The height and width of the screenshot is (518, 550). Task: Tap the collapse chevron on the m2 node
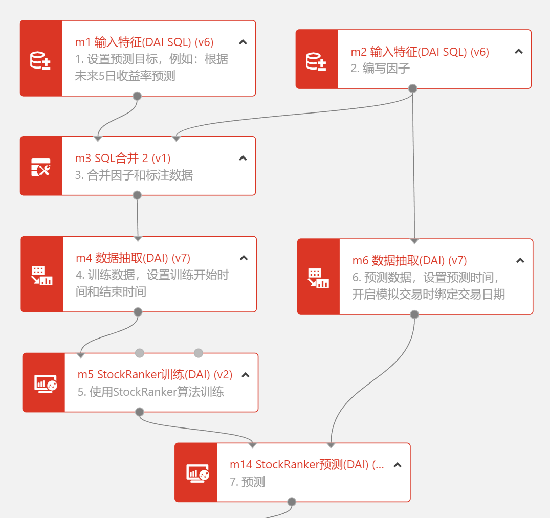coord(518,51)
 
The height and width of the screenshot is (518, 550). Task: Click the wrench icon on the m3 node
coord(41,166)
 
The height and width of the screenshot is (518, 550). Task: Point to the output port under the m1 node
coord(137,96)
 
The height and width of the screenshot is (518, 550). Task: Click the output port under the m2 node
coord(413,88)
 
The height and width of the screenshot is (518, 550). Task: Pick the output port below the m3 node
coord(137,195)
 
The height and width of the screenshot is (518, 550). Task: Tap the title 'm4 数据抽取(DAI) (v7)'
coord(133,258)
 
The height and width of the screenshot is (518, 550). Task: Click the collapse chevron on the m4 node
coord(244,258)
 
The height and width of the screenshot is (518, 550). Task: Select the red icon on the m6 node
coord(318,277)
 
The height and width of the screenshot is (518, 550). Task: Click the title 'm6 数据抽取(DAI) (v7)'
coord(409,261)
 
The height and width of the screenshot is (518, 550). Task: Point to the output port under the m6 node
coord(414,314)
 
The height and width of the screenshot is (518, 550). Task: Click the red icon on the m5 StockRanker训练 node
coord(45,383)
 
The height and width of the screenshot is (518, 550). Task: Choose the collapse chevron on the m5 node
coord(246,375)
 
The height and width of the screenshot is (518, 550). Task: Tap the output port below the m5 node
coord(140,412)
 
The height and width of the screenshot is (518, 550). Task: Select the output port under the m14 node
coord(292,502)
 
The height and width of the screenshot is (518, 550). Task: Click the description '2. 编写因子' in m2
coord(380,69)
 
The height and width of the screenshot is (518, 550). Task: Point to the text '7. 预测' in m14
coord(247,482)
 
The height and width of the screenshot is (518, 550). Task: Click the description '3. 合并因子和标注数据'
coord(134,175)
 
